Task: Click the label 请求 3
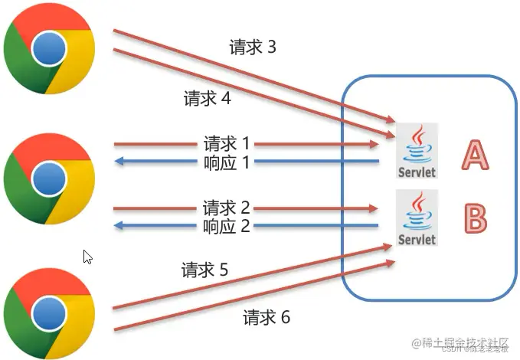pos(252,47)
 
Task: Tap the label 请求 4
pos(207,99)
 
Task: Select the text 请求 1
pos(227,143)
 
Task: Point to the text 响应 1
pos(227,162)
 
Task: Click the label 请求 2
pos(227,208)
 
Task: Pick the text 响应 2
pos(227,226)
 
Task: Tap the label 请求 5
pos(204,270)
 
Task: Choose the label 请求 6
pos(267,317)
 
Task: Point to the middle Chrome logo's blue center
pos(49,177)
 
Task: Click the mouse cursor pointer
pos(87,257)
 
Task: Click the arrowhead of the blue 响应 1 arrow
pos(119,162)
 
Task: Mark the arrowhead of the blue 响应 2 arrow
pos(119,226)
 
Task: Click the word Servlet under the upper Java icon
pos(417,172)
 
